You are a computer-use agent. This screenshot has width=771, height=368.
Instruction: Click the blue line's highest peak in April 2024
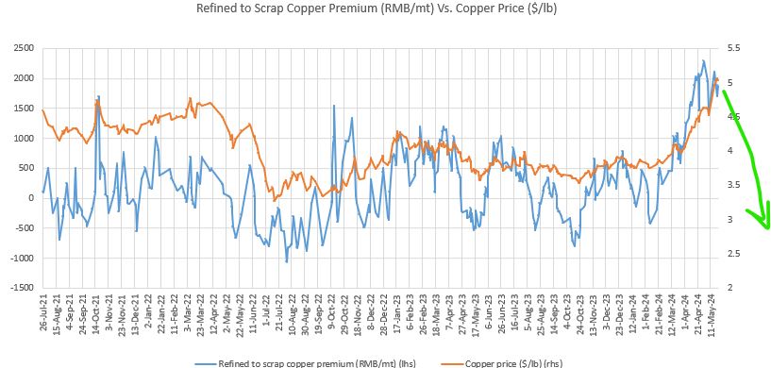pyautogui.click(x=703, y=61)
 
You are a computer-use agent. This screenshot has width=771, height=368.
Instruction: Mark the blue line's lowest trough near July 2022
pyautogui.click(x=287, y=261)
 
